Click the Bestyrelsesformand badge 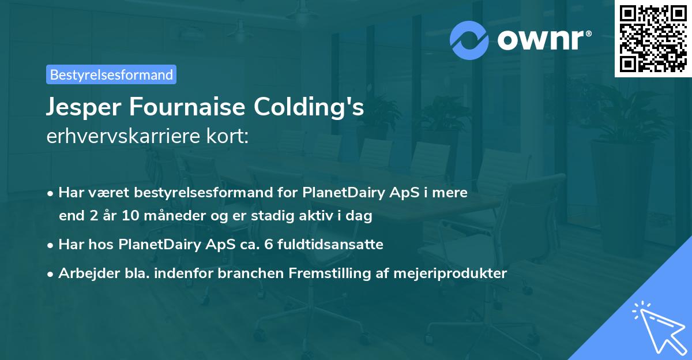click(111, 74)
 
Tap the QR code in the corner click(653, 38)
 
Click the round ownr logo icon click(469, 40)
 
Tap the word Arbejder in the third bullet click(85, 273)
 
